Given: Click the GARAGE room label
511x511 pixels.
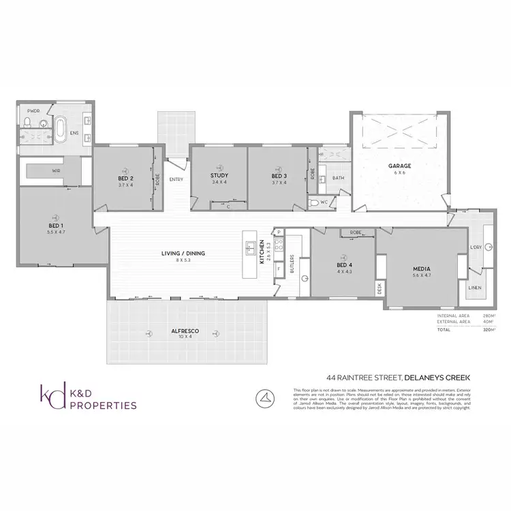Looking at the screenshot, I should pyautogui.click(x=399, y=165).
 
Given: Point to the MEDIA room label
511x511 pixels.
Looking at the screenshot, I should pyautogui.click(x=421, y=268).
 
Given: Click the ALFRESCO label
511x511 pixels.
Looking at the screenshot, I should pyautogui.click(x=184, y=331).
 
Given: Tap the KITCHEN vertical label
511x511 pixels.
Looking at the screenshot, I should pyautogui.click(x=262, y=253).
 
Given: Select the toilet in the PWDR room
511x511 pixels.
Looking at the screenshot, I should pyautogui.click(x=26, y=123).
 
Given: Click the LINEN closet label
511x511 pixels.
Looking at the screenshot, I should pyautogui.click(x=474, y=288).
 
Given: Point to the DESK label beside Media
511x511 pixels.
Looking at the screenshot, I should pyautogui.click(x=380, y=288).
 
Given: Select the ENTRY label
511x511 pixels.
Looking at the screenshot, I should pyautogui.click(x=176, y=179).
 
